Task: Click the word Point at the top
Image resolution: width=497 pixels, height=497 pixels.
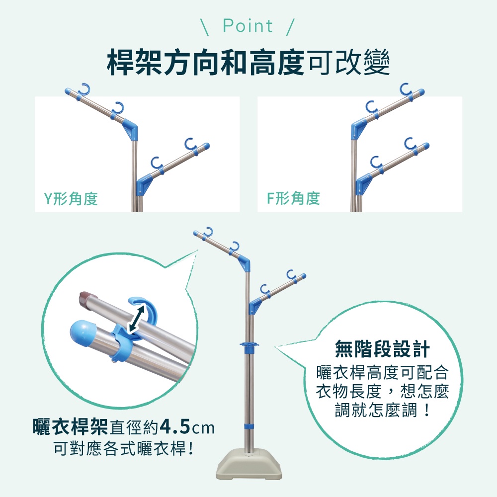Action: tap(248, 26)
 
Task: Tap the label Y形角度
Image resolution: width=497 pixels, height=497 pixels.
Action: tap(71, 199)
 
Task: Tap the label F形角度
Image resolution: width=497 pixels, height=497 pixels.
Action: tap(294, 198)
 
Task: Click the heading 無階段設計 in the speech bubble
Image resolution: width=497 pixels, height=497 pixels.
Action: tap(382, 349)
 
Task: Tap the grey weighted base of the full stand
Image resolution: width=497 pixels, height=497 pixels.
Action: tap(249, 464)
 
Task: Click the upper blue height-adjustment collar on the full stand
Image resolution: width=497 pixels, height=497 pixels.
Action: tap(249, 346)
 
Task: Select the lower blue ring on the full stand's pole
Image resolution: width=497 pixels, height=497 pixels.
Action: tap(249, 426)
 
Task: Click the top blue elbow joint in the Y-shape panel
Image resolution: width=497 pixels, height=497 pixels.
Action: tap(131, 128)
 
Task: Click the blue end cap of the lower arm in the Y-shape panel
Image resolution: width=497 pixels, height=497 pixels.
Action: tap(206, 147)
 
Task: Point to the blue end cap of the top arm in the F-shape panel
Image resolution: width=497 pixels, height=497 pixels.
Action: tap(420, 92)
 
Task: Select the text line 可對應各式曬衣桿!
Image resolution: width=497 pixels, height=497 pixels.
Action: tap(123, 448)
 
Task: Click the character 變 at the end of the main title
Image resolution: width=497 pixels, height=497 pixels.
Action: tap(377, 62)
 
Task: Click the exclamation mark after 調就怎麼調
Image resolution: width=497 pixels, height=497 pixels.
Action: tap(427, 410)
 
